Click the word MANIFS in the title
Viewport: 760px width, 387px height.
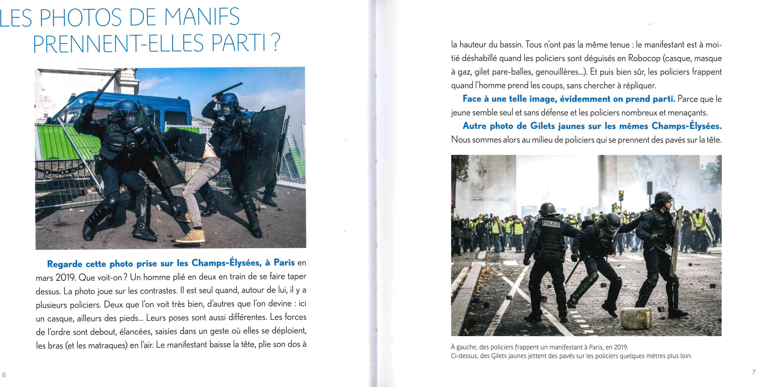(201, 17)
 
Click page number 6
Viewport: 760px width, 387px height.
(4, 375)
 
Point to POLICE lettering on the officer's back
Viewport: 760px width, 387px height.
(551, 224)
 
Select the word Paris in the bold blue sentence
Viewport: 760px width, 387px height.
(284, 262)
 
